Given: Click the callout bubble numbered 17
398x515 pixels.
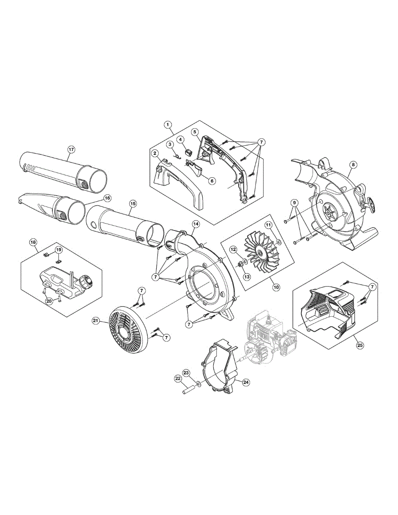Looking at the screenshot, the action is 71,149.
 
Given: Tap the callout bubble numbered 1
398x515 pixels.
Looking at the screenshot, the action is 167,124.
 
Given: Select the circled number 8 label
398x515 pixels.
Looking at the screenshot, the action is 353,165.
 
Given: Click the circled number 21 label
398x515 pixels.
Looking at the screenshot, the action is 96,321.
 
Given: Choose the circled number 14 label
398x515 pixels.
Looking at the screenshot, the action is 196,224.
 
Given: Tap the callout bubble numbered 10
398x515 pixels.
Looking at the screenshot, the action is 276,287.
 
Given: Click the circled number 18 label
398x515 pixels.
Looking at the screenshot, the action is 33,242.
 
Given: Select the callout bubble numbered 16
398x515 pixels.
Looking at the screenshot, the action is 107,198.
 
